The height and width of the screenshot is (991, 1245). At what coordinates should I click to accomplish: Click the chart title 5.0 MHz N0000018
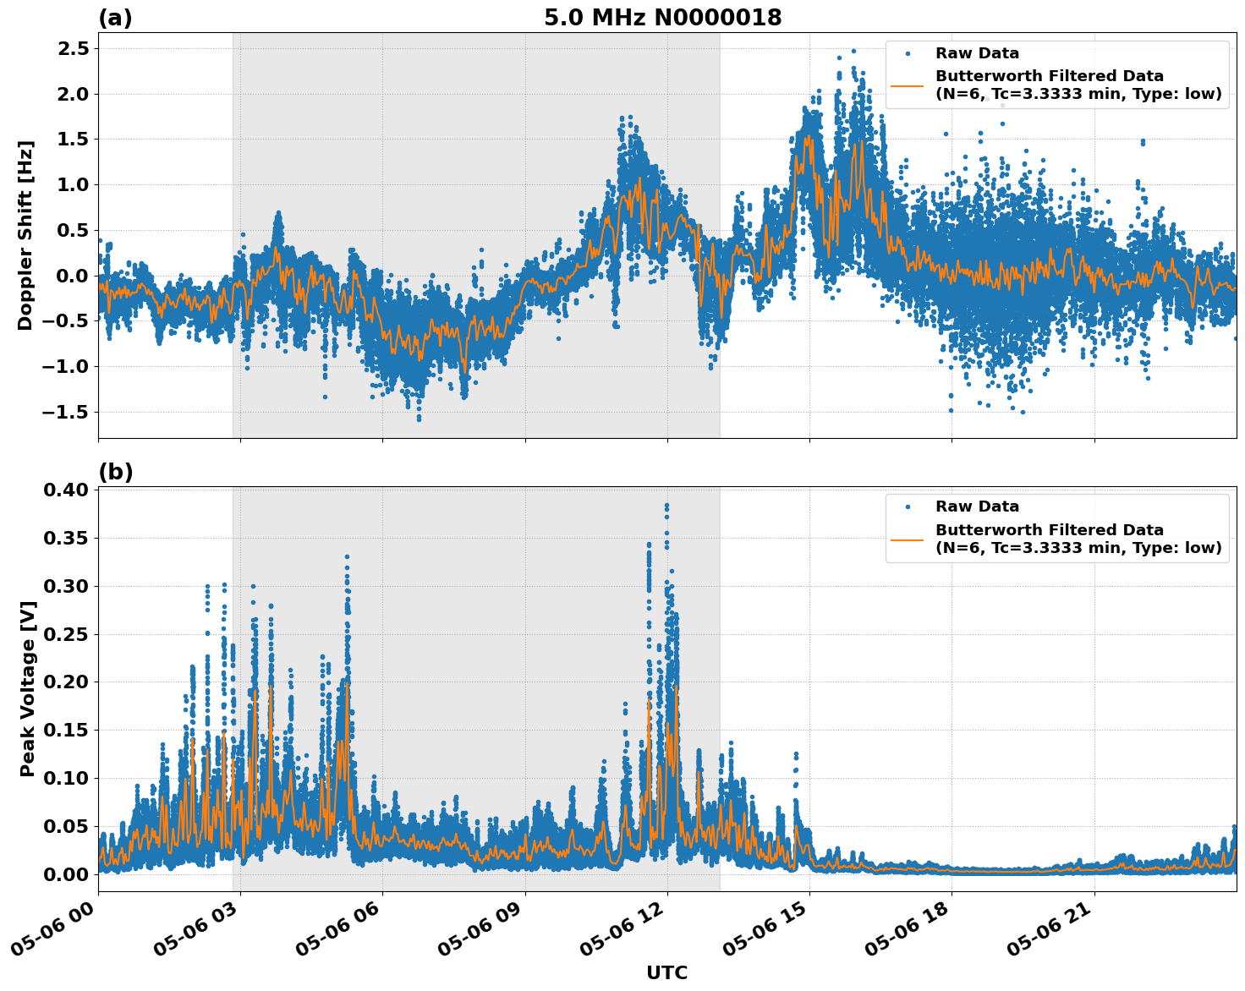coord(662,18)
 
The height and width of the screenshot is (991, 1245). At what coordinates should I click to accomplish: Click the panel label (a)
coord(115,18)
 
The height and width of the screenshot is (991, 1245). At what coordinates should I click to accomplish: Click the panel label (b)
coord(115,472)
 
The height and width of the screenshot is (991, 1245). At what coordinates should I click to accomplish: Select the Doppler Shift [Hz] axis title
coord(26,235)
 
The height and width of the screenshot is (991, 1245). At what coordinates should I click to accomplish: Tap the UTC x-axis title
coord(666,972)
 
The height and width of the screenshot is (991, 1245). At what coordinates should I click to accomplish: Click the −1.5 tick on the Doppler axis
coord(66,412)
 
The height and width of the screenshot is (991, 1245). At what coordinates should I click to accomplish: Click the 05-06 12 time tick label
coord(633,930)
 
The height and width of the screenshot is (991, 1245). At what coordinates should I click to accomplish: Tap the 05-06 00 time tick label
coord(63,930)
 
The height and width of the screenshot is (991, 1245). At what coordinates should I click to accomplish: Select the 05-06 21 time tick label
coord(1060,930)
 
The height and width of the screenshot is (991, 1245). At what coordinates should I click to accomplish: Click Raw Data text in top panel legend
coord(977,53)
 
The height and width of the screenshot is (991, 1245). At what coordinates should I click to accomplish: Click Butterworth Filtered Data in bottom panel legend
coord(1049,530)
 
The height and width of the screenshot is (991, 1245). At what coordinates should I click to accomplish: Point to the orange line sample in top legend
coord(908,85)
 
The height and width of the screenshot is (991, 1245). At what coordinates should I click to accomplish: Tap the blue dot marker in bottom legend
coord(908,506)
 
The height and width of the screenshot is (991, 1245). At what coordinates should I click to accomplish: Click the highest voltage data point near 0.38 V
coord(666,506)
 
